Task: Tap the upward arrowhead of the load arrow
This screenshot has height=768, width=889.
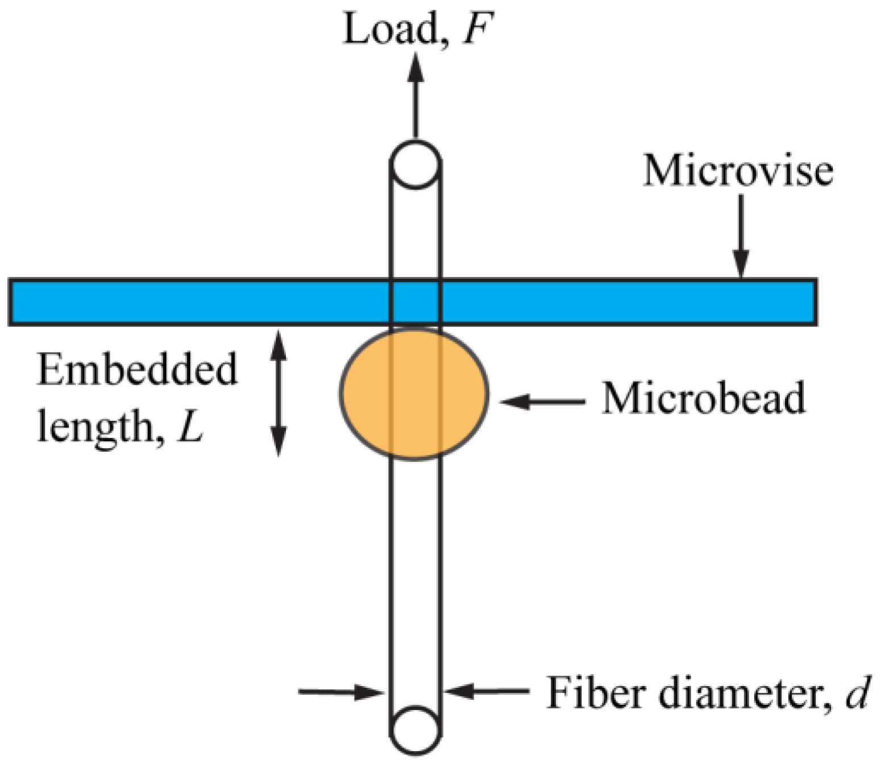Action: pos(416,65)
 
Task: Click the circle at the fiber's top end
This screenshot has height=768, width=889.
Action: pos(416,164)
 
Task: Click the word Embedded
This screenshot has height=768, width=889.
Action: pos(137,370)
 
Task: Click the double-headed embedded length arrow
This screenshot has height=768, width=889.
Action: pos(278,393)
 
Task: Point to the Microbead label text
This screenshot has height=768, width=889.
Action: pos(704,398)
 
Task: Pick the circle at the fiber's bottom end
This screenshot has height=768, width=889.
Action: pos(416,730)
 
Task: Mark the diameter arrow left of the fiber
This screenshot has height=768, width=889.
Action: pos(341,692)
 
